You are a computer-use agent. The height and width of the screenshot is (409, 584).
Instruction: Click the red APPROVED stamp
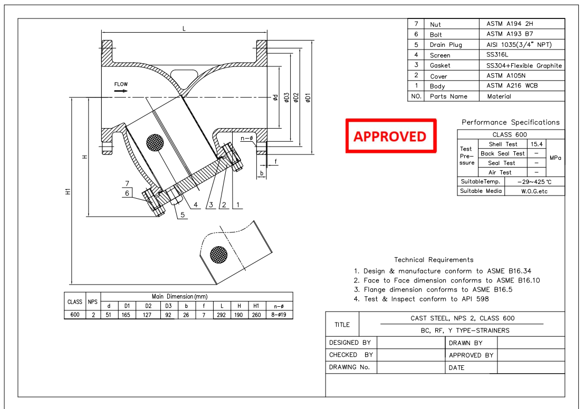390,136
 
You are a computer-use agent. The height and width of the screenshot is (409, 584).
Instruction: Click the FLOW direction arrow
121,91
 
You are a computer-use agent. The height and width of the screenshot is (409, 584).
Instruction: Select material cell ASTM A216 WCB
512,86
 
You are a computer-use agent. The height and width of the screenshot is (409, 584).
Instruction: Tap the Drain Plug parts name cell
446,45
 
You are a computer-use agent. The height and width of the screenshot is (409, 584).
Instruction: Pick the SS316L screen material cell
498,55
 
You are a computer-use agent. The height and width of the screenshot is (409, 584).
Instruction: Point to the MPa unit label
556,158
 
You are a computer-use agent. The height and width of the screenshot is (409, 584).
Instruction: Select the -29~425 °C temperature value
534,182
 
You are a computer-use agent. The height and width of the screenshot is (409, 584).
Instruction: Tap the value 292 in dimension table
222,315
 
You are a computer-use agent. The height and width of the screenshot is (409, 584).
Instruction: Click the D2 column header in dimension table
148,306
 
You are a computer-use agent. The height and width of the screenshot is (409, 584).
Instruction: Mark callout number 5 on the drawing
183,215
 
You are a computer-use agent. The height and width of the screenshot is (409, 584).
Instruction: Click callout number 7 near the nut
127,183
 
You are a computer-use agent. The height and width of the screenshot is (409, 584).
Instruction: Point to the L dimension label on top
184,29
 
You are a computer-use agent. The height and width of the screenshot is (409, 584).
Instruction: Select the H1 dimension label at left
68,192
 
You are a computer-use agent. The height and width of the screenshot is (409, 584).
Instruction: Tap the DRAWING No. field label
349,367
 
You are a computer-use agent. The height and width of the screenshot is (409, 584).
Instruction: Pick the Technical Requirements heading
434,260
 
